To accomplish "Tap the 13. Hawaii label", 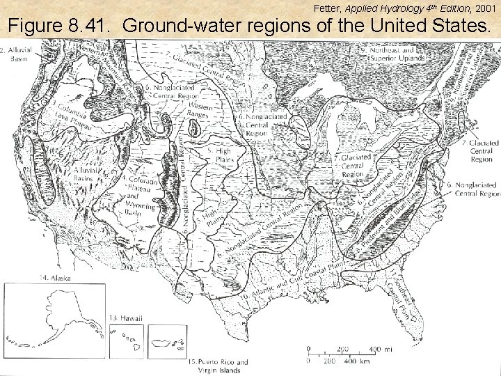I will [126, 318].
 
